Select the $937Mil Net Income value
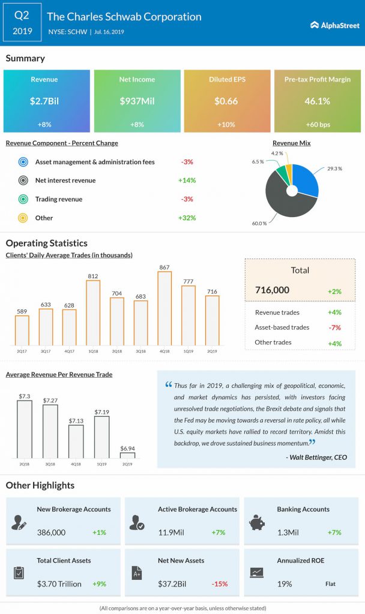click(x=137, y=101)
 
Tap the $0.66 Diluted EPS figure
click(x=226, y=101)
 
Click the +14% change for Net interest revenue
click(x=187, y=180)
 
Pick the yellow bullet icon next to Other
click(x=23, y=218)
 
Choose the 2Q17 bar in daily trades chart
click(x=22, y=330)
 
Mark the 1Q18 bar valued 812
click(x=93, y=312)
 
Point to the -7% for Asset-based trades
click(x=334, y=327)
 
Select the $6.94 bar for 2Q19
click(x=127, y=455)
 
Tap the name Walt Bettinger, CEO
click(x=317, y=458)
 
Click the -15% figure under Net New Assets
click(x=219, y=583)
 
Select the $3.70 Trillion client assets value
click(x=60, y=583)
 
